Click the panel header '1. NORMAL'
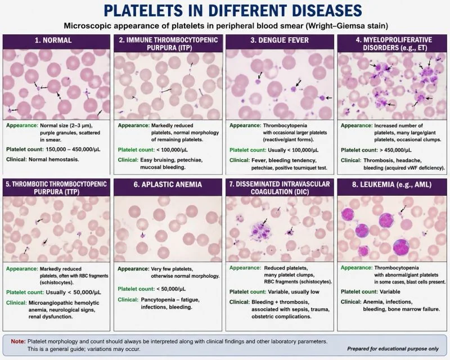[x=53, y=40]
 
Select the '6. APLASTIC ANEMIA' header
[x=168, y=184]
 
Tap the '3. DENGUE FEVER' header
[x=280, y=40]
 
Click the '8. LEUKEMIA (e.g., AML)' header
[x=391, y=184]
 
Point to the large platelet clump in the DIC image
[x=260, y=230]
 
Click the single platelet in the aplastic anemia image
[x=142, y=236]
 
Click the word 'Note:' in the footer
[x=19, y=341]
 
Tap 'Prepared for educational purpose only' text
[x=393, y=349]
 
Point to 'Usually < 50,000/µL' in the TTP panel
[x=74, y=292]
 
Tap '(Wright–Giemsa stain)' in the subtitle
[x=346, y=26]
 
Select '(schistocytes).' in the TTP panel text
[x=57, y=282]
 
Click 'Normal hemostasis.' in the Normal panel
[x=53, y=159]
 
